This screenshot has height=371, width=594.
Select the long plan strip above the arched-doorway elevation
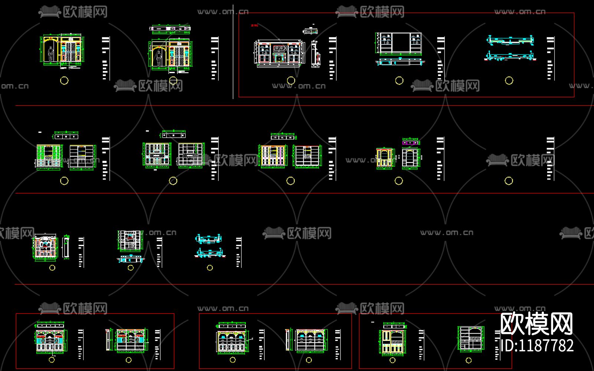click(171, 28)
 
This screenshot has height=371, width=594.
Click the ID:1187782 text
click(537, 346)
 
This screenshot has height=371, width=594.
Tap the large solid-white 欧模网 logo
click(537, 324)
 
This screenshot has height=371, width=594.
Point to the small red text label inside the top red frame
click(254, 26)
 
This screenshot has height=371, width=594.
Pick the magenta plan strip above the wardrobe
click(410, 142)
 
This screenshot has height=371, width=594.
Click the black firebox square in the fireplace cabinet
click(278, 59)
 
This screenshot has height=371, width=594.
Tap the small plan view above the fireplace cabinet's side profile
click(310, 31)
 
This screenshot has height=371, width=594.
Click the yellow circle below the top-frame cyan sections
click(509, 81)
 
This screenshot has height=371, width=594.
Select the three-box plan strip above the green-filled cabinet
click(66, 137)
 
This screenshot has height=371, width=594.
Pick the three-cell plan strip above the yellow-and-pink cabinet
click(283, 137)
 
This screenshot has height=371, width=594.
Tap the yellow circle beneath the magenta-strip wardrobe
click(399, 181)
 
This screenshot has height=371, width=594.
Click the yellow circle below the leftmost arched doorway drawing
click(64, 80)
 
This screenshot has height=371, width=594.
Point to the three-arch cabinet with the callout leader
click(232, 341)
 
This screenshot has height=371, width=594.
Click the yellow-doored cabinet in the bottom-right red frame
click(392, 341)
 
